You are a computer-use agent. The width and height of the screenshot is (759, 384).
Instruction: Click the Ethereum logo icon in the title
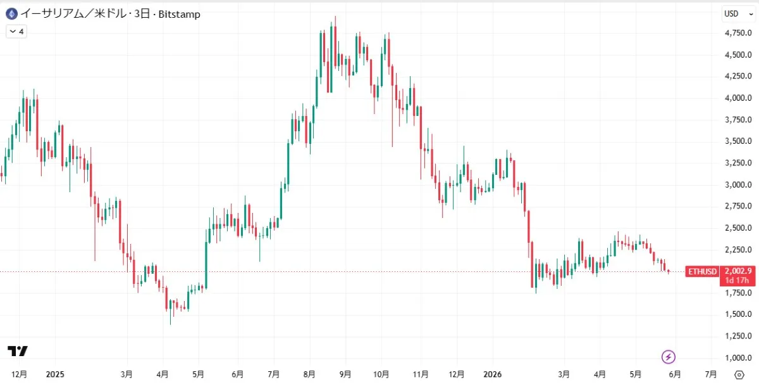[12, 15]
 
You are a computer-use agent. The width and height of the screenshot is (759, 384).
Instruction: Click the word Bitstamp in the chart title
[179, 15]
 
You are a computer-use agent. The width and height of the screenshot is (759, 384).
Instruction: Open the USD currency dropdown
[738, 13]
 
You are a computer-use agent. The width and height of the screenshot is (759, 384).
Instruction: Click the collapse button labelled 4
[16, 32]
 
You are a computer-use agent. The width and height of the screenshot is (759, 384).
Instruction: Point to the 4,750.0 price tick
[738, 33]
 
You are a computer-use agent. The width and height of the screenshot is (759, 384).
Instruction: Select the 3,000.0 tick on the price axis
[738, 184]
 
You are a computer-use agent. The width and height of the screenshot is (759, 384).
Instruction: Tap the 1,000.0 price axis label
[738, 357]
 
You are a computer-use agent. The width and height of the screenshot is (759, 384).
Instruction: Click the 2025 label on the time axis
[55, 374]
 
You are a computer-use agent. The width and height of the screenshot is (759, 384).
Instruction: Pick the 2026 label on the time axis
[492, 374]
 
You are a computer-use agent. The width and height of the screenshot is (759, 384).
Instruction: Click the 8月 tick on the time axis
[309, 374]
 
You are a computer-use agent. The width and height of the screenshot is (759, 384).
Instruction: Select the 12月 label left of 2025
[19, 374]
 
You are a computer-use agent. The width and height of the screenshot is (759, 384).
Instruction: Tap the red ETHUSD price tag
[703, 272]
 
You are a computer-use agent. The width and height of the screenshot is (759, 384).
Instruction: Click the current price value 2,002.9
[738, 271]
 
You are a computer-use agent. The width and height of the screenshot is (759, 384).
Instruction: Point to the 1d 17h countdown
[737, 281]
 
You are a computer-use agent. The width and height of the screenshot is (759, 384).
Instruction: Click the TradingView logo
[18, 351]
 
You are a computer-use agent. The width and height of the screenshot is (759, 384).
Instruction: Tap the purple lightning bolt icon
[669, 357]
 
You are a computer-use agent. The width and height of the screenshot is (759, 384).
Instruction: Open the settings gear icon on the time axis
[739, 374]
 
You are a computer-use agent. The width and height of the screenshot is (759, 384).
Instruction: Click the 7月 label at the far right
[711, 374]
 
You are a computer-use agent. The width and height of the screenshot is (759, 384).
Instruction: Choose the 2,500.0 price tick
[738, 228]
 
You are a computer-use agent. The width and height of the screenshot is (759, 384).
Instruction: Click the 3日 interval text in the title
[142, 14]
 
